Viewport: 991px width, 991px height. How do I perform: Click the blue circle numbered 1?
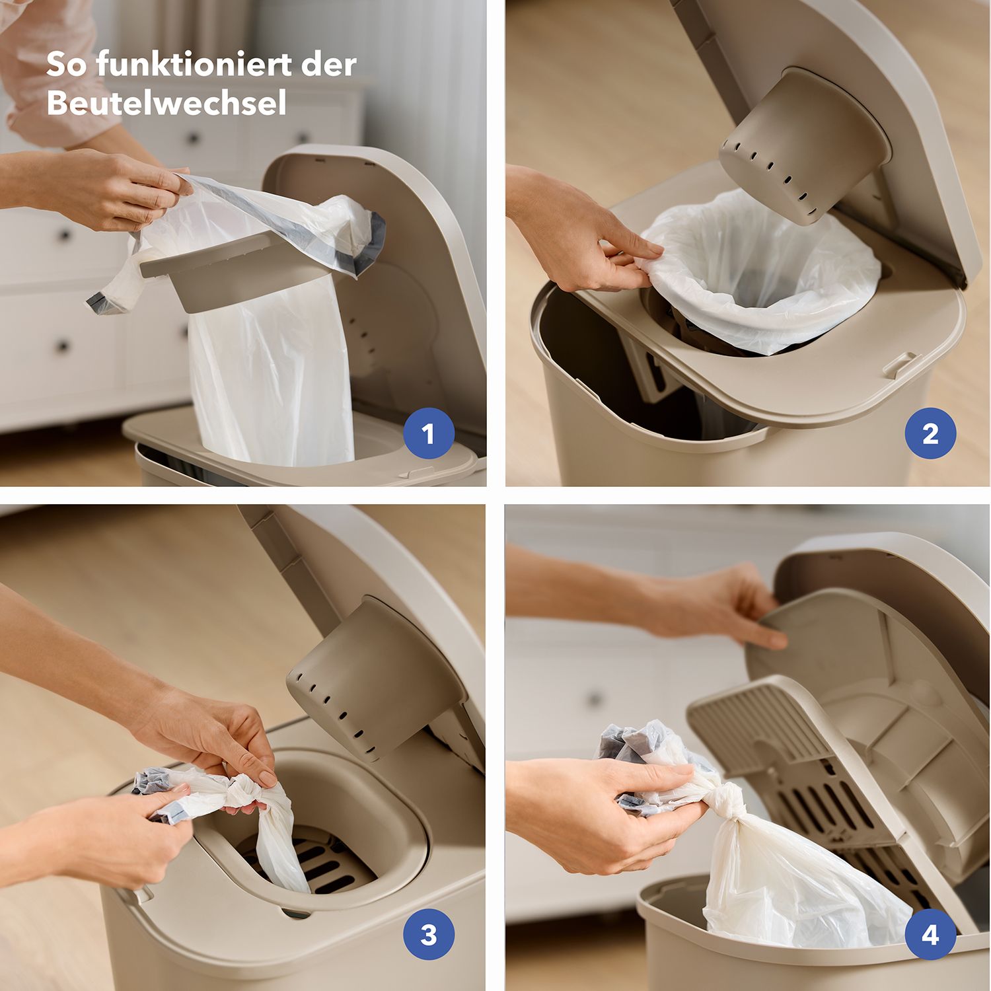click(x=428, y=433)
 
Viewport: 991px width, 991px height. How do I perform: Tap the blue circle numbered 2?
click(x=930, y=433)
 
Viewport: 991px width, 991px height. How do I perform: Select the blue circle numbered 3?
click(x=428, y=934)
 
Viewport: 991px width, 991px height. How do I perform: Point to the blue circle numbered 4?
click(x=930, y=934)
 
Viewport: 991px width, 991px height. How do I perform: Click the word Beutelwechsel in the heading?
click(x=166, y=103)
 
